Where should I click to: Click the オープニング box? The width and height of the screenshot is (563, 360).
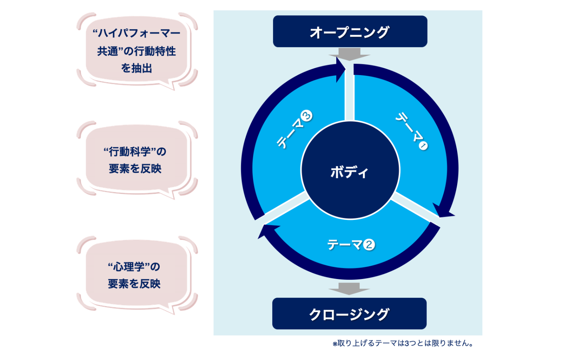(x=350, y=32)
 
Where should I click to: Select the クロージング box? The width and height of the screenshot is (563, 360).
(x=349, y=314)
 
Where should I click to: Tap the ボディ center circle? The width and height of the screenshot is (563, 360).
(x=350, y=170)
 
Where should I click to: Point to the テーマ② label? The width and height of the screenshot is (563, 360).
(x=351, y=244)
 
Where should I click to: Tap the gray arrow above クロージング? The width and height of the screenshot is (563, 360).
(x=349, y=289)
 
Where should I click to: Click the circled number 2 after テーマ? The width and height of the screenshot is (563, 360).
(x=369, y=244)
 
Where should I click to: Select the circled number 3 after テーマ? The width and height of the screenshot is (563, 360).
(x=307, y=116)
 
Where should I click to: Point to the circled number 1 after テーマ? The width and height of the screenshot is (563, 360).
(x=423, y=146)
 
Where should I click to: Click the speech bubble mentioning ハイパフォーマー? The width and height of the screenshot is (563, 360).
(x=137, y=51)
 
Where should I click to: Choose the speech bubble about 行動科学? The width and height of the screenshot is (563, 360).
(x=136, y=160)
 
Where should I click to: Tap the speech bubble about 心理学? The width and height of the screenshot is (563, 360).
(x=135, y=275)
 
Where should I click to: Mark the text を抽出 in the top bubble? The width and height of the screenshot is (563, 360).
(x=137, y=68)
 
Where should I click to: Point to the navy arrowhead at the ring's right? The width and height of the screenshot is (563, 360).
(x=443, y=210)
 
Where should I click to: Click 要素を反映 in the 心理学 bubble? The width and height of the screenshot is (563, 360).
(x=134, y=284)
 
